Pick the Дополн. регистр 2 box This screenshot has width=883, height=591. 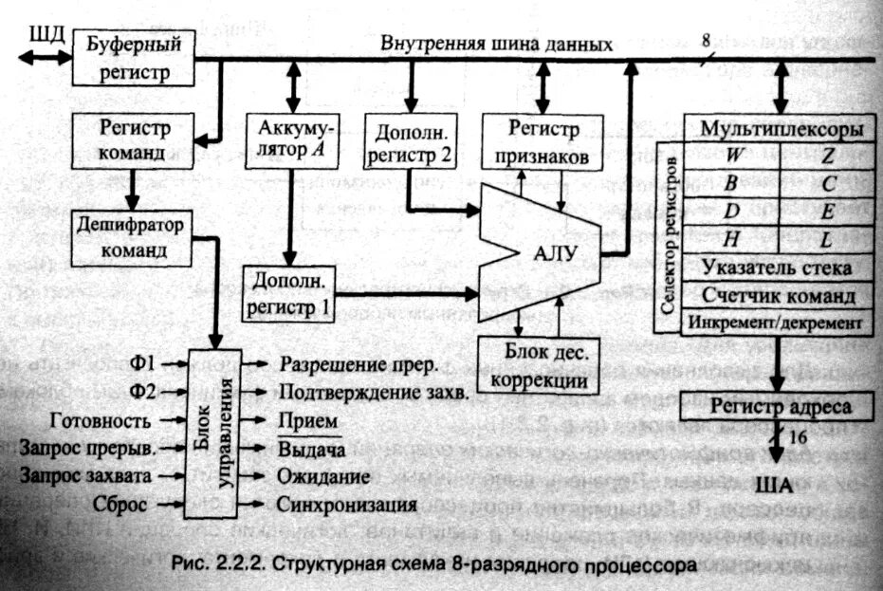pos(411,139)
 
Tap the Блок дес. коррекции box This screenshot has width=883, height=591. pos(541,365)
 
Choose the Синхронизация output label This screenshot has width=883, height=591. pos(348,502)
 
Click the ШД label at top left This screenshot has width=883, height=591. pos(46,35)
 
